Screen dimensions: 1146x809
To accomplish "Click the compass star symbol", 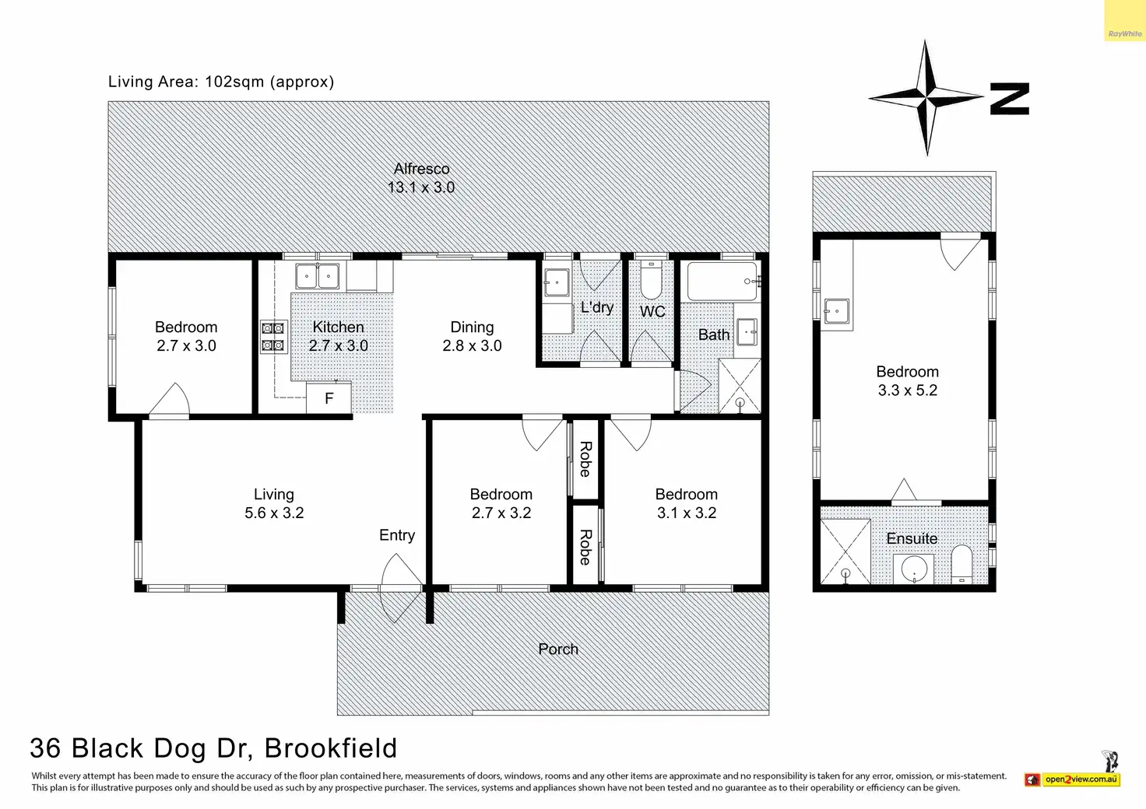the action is [926, 98].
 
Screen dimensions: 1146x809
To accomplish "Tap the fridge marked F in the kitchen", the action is [329, 398].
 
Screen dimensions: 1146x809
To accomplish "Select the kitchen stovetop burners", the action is [272, 338].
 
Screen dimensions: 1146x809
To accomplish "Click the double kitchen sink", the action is [317, 276].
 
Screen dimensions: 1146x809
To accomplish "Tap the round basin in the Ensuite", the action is [912, 569].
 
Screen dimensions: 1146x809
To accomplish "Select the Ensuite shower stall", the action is [845, 552].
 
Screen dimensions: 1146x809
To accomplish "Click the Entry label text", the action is [397, 535].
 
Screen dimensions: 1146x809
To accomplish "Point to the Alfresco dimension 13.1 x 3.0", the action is [421, 187].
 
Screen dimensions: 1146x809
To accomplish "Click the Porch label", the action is [558, 650].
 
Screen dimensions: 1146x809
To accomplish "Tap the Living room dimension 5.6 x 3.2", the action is [274, 513].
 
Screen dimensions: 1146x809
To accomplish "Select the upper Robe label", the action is [585, 459].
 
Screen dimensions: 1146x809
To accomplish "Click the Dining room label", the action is [472, 327].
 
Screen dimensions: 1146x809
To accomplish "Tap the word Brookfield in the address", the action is [331, 748].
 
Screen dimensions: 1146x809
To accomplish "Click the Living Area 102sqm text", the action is [221, 82].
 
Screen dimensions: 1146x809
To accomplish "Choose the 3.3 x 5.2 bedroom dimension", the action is [908, 390].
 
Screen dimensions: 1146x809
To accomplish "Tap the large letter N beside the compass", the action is [1010, 99].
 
